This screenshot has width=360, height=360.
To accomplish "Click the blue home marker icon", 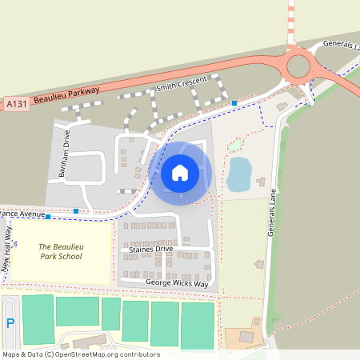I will click(x=180, y=172).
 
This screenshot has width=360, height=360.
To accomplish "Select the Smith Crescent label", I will click(x=181, y=82).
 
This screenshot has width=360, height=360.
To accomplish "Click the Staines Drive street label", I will click(x=150, y=250).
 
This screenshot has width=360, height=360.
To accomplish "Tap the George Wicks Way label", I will click(x=177, y=283).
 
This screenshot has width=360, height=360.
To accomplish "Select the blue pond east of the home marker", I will click(x=238, y=174).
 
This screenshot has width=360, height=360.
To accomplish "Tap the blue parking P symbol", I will click(x=10, y=323).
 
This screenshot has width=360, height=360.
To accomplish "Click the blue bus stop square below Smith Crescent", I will click(x=234, y=102).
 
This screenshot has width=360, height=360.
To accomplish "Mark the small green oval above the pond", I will click(x=235, y=146).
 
